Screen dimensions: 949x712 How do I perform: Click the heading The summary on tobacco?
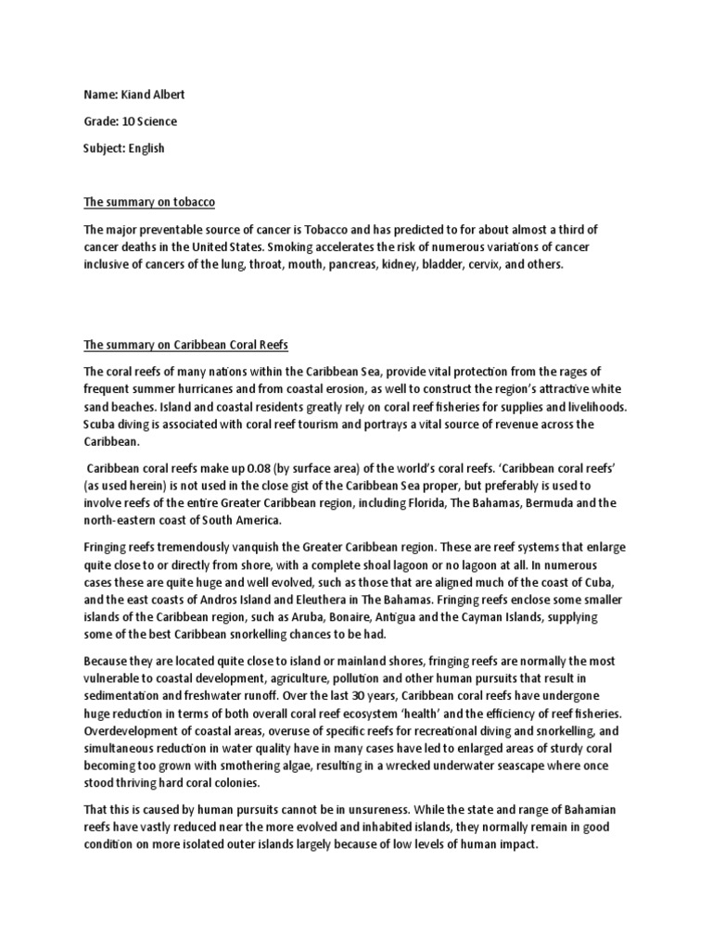[149, 202]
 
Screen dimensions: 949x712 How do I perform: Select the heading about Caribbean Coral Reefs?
[186, 346]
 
